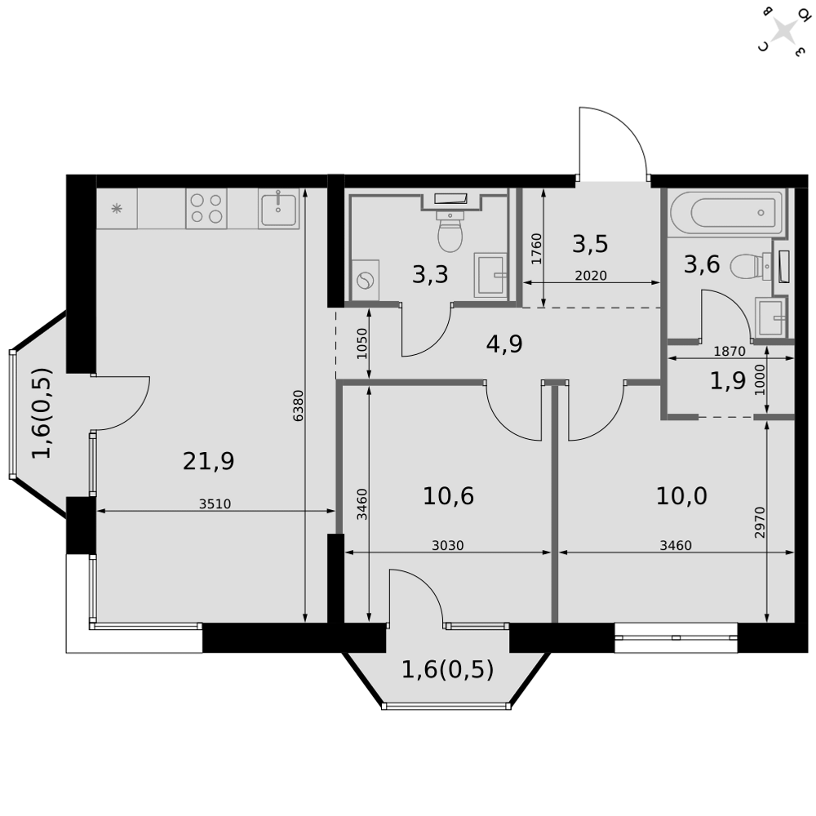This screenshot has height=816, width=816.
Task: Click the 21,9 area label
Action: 209,462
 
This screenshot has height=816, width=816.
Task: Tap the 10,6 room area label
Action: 448,495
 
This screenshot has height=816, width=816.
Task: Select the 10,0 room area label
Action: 681,495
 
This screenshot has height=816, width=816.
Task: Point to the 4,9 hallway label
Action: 504,344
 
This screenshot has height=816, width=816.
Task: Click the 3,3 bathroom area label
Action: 430,275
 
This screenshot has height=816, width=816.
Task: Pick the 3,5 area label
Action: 590,244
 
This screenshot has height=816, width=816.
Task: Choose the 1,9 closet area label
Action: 728,381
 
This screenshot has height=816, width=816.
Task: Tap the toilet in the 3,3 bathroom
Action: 450,233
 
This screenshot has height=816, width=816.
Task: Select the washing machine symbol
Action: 365,280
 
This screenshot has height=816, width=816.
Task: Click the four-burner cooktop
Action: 206,208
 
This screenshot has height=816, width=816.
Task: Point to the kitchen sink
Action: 279,208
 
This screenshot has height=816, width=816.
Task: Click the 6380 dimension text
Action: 298,406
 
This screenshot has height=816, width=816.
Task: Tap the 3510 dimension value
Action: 215,504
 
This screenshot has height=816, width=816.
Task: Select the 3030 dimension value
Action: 447,546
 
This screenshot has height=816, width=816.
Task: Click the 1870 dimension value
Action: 730,352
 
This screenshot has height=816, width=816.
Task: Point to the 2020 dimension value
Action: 591,276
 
